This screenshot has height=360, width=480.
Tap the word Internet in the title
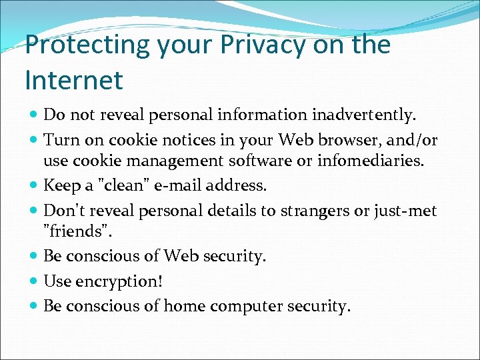coord(74,80)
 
